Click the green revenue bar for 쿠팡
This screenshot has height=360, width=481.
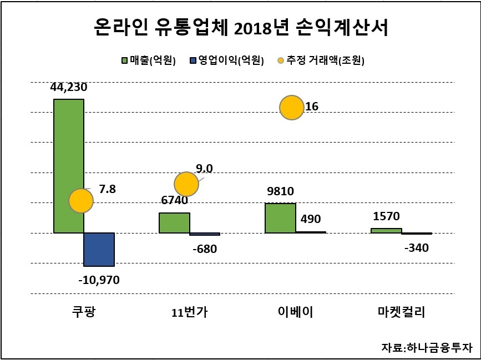tap(69, 166)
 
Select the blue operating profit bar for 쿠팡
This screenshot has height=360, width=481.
tap(99, 249)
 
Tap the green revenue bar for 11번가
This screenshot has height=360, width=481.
tap(174, 222)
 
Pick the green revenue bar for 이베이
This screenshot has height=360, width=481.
tap(280, 217)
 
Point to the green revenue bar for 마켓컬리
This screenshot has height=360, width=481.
tap(386, 231)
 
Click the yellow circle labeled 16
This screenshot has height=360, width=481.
tap(292, 108)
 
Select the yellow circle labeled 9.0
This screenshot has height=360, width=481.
tap(186, 184)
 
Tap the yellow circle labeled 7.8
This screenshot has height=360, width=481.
tap(81, 201)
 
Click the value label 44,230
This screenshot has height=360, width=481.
tap(69, 88)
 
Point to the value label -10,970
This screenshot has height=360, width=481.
tap(99, 280)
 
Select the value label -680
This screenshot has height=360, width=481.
tap(205, 249)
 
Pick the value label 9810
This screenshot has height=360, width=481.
tap(280, 191)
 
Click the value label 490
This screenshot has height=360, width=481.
tap(311, 219)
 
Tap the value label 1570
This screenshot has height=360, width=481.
tap(386, 216)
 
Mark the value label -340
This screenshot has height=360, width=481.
tap(417, 247)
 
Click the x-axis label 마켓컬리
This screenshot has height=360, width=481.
tap(401, 312)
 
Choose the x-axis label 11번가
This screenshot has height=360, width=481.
tap(190, 312)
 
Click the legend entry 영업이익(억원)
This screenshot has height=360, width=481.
tap(227, 60)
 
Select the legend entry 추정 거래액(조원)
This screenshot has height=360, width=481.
tap(321, 60)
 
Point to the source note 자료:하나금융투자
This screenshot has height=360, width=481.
tap(427, 347)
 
